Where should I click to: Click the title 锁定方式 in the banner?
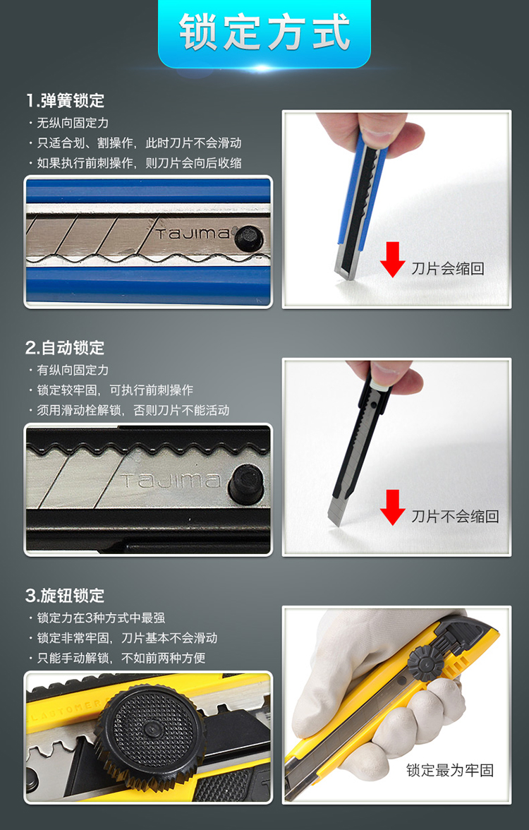(264, 32)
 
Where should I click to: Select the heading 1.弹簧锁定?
(65, 100)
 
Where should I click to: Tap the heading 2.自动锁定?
(65, 348)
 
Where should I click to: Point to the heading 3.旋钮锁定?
(65, 596)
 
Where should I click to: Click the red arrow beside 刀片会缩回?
(392, 260)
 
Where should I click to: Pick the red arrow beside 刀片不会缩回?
(392, 507)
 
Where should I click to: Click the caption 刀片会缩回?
(448, 268)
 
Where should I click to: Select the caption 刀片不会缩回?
(456, 516)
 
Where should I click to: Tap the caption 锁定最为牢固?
(450, 770)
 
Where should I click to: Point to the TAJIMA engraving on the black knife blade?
(171, 481)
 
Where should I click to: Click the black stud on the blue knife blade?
(248, 239)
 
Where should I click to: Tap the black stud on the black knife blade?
(246, 484)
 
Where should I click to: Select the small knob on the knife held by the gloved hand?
(426, 663)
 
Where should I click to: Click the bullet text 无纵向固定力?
(73, 124)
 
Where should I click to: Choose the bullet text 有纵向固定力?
(73, 371)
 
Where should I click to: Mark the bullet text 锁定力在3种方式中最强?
(101, 618)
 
